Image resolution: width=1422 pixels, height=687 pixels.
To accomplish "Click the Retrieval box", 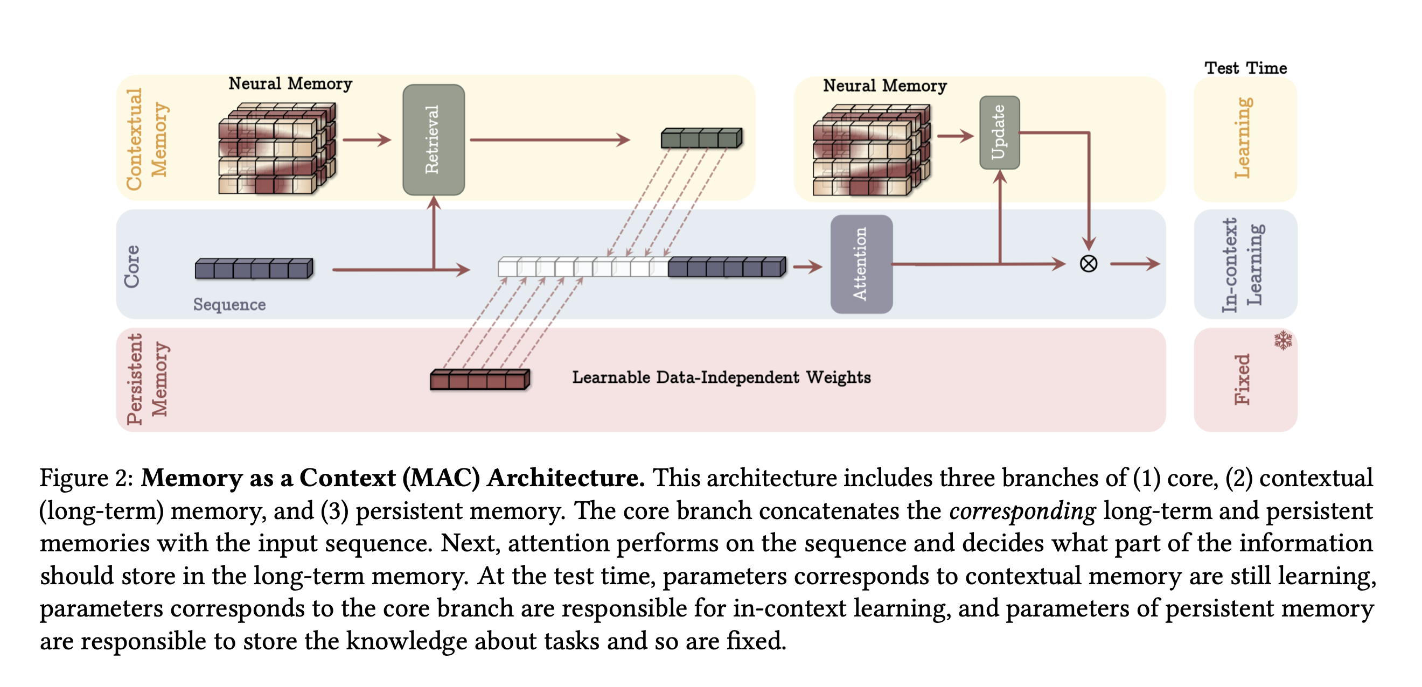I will click(x=434, y=139).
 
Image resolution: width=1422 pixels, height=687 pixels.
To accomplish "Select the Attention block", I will click(x=861, y=264).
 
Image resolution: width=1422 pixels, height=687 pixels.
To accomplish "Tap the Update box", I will click(x=999, y=132).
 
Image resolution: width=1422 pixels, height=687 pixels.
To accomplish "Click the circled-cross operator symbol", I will click(x=1088, y=264).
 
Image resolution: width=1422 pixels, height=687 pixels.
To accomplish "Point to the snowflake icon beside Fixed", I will click(x=1283, y=340).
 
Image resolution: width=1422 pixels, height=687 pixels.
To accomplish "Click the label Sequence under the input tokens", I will click(x=229, y=305).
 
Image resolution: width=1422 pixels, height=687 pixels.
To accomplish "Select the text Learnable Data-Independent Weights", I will click(x=721, y=377).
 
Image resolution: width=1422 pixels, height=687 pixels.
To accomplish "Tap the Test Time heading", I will click(x=1245, y=68).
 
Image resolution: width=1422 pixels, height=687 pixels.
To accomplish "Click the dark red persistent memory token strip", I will click(x=480, y=380).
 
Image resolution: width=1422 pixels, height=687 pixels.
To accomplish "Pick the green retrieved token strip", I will click(x=701, y=138).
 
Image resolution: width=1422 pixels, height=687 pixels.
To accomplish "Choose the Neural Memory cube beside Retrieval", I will click(x=276, y=148).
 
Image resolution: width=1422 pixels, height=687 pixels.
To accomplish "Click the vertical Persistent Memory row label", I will click(x=147, y=379).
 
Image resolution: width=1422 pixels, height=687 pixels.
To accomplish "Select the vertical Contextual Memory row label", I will click(x=147, y=139).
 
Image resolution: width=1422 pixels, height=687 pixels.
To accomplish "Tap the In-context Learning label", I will click(x=1242, y=265).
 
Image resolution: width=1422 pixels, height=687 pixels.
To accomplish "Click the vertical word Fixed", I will click(x=1242, y=380).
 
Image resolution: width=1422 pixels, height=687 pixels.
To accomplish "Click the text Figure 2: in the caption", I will click(x=86, y=478).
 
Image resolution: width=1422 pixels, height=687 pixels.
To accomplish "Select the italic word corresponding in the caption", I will click(x=1022, y=511).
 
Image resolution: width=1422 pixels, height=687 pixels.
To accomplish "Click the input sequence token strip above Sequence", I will click(x=254, y=269).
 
